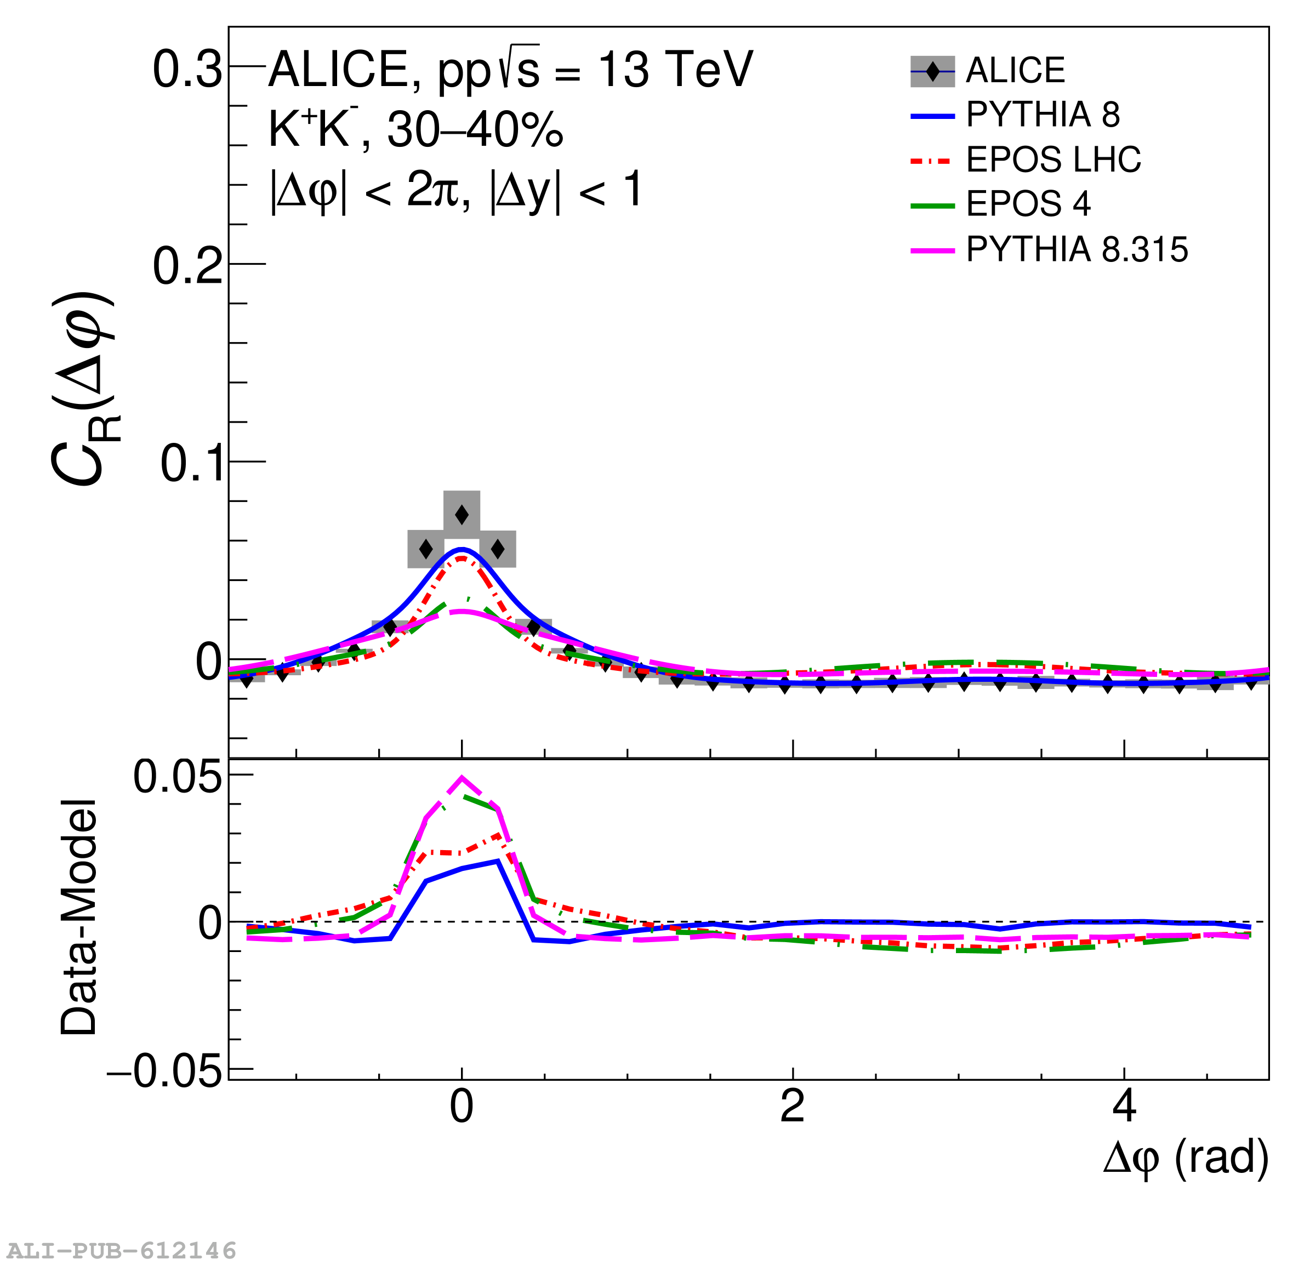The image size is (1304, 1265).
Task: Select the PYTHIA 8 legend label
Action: pyautogui.click(x=1043, y=115)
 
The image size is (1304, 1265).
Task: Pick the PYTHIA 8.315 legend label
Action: pyautogui.click(x=1077, y=250)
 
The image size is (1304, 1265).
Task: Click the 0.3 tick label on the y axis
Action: pyautogui.click(x=187, y=69)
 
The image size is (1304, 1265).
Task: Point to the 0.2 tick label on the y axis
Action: pyautogui.click(x=187, y=266)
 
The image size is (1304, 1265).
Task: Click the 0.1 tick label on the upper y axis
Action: pyautogui.click(x=190, y=463)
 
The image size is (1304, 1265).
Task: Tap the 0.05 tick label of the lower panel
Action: pyautogui.click(x=177, y=776)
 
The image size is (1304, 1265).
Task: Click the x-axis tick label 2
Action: pyautogui.click(x=793, y=1107)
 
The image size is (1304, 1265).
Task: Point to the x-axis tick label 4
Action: pyautogui.click(x=1124, y=1107)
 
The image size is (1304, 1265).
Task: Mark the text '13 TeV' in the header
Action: pyautogui.click(x=675, y=69)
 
